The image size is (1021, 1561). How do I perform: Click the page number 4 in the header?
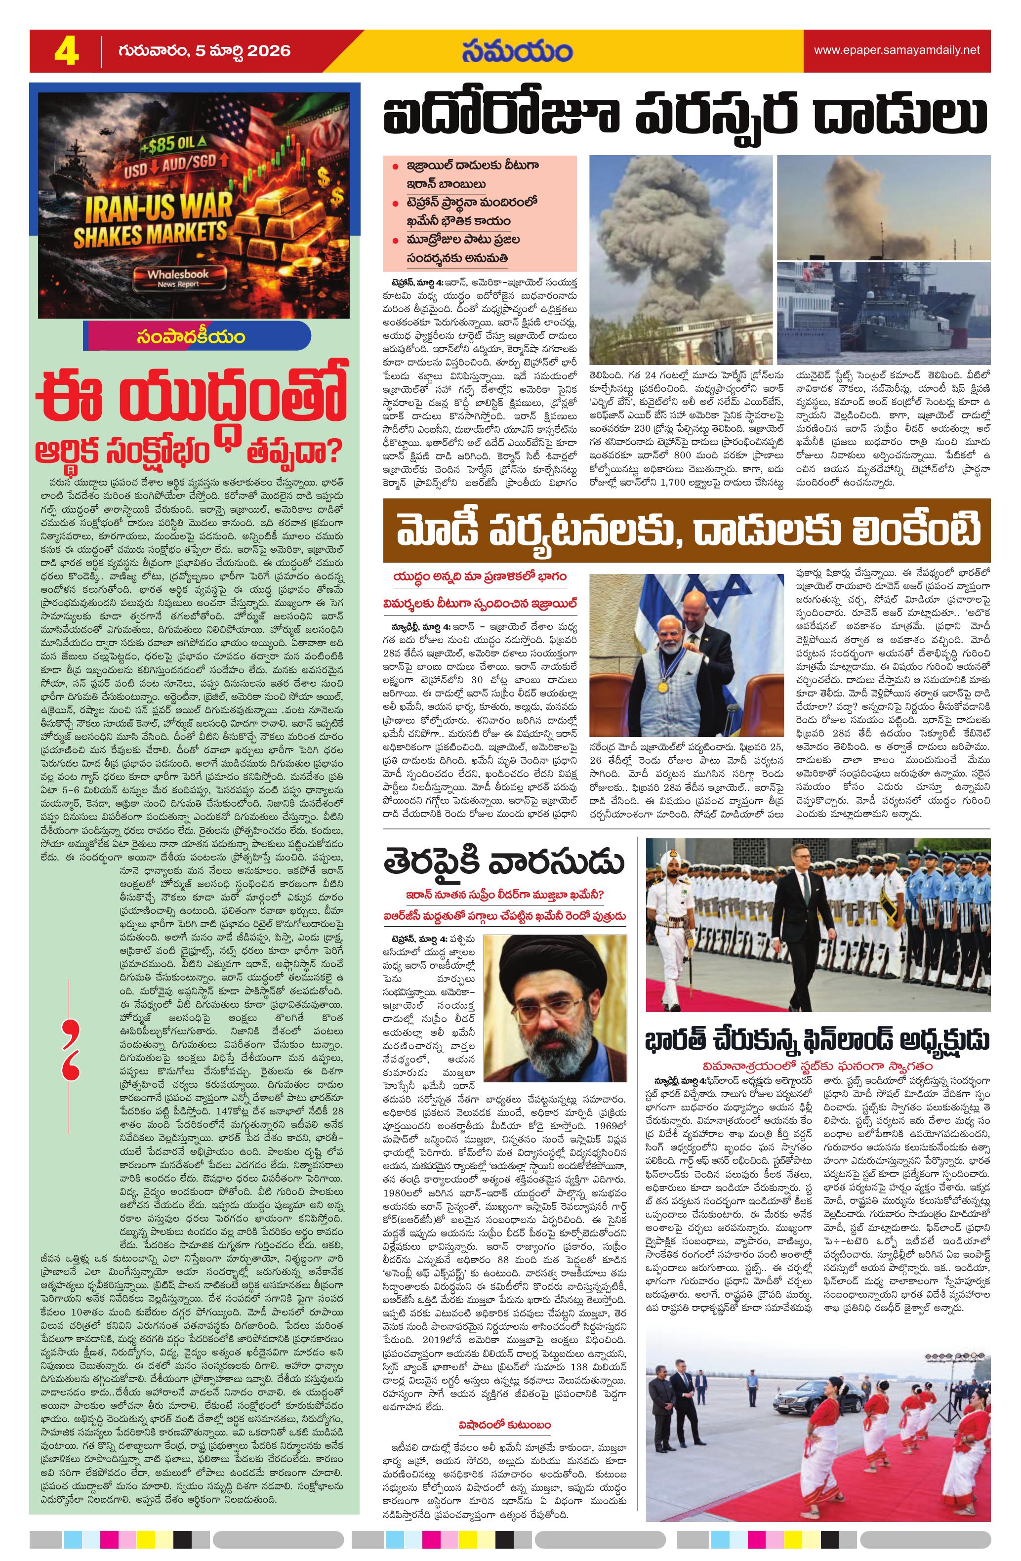(66, 51)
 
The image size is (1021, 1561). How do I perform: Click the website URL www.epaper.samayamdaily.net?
(897, 50)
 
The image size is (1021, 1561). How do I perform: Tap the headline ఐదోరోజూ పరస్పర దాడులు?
(685, 116)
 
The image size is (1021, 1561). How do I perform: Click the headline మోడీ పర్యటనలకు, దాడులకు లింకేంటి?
(686, 531)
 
